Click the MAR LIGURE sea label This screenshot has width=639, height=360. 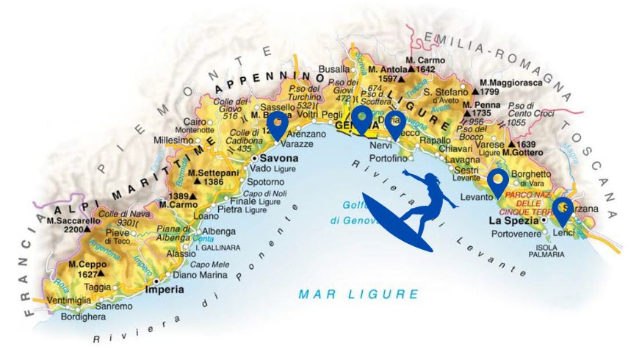pyautogui.click(x=358, y=295)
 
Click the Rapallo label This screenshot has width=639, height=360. pyautogui.click(x=435, y=140)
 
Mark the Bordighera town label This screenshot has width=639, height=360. pyautogui.click(x=82, y=317)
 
